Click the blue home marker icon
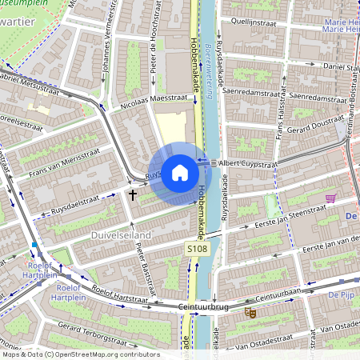[x=180, y=172]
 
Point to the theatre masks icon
[x=249, y=314]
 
